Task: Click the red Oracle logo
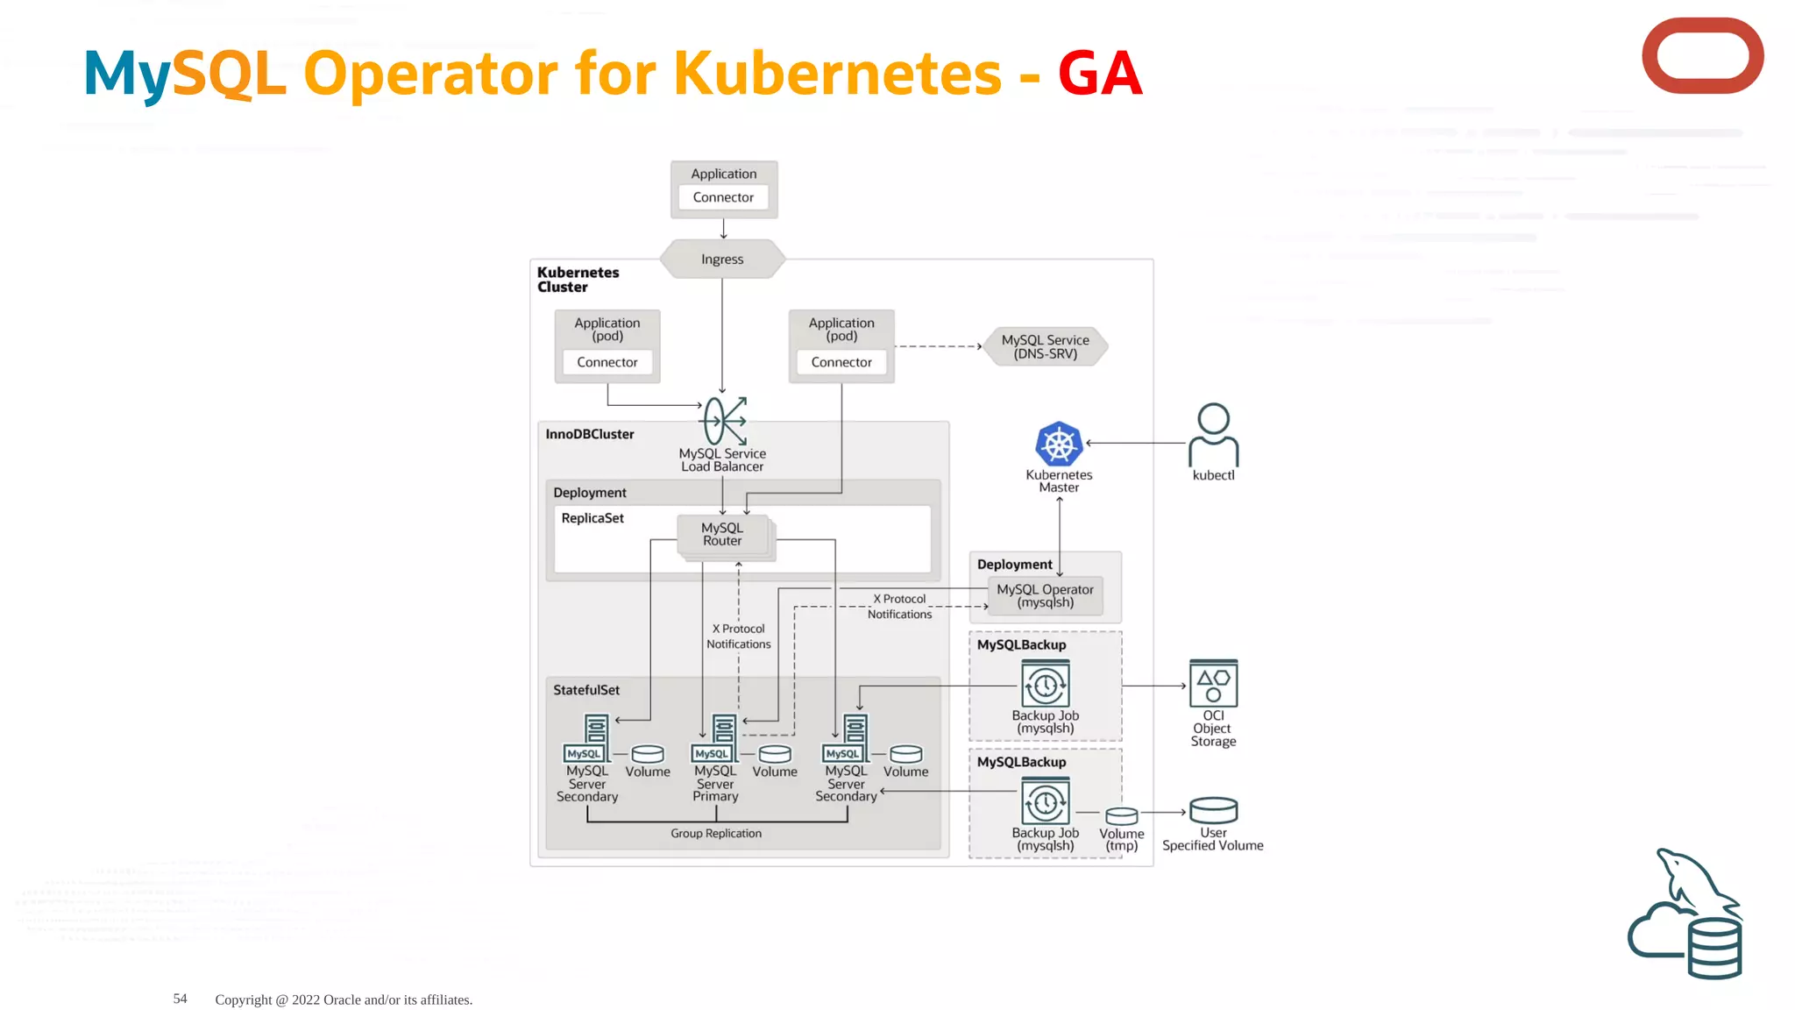tap(1702, 55)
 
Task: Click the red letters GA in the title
tap(1099, 73)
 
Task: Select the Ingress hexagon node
tap(722, 260)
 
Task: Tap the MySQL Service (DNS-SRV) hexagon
tap(1045, 346)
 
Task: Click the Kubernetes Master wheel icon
tap(1059, 444)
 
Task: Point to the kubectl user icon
tap(1213, 434)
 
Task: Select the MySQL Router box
tap(722, 534)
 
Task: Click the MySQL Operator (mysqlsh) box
tap(1045, 596)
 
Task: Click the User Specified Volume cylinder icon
tap(1213, 810)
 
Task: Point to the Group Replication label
tap(716, 834)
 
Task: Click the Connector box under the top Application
tap(723, 197)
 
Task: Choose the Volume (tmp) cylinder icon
tap(1121, 816)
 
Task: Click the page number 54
tap(180, 999)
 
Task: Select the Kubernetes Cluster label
tap(578, 280)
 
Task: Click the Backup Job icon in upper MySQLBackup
tap(1045, 685)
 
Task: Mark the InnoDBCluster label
tap(589, 434)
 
